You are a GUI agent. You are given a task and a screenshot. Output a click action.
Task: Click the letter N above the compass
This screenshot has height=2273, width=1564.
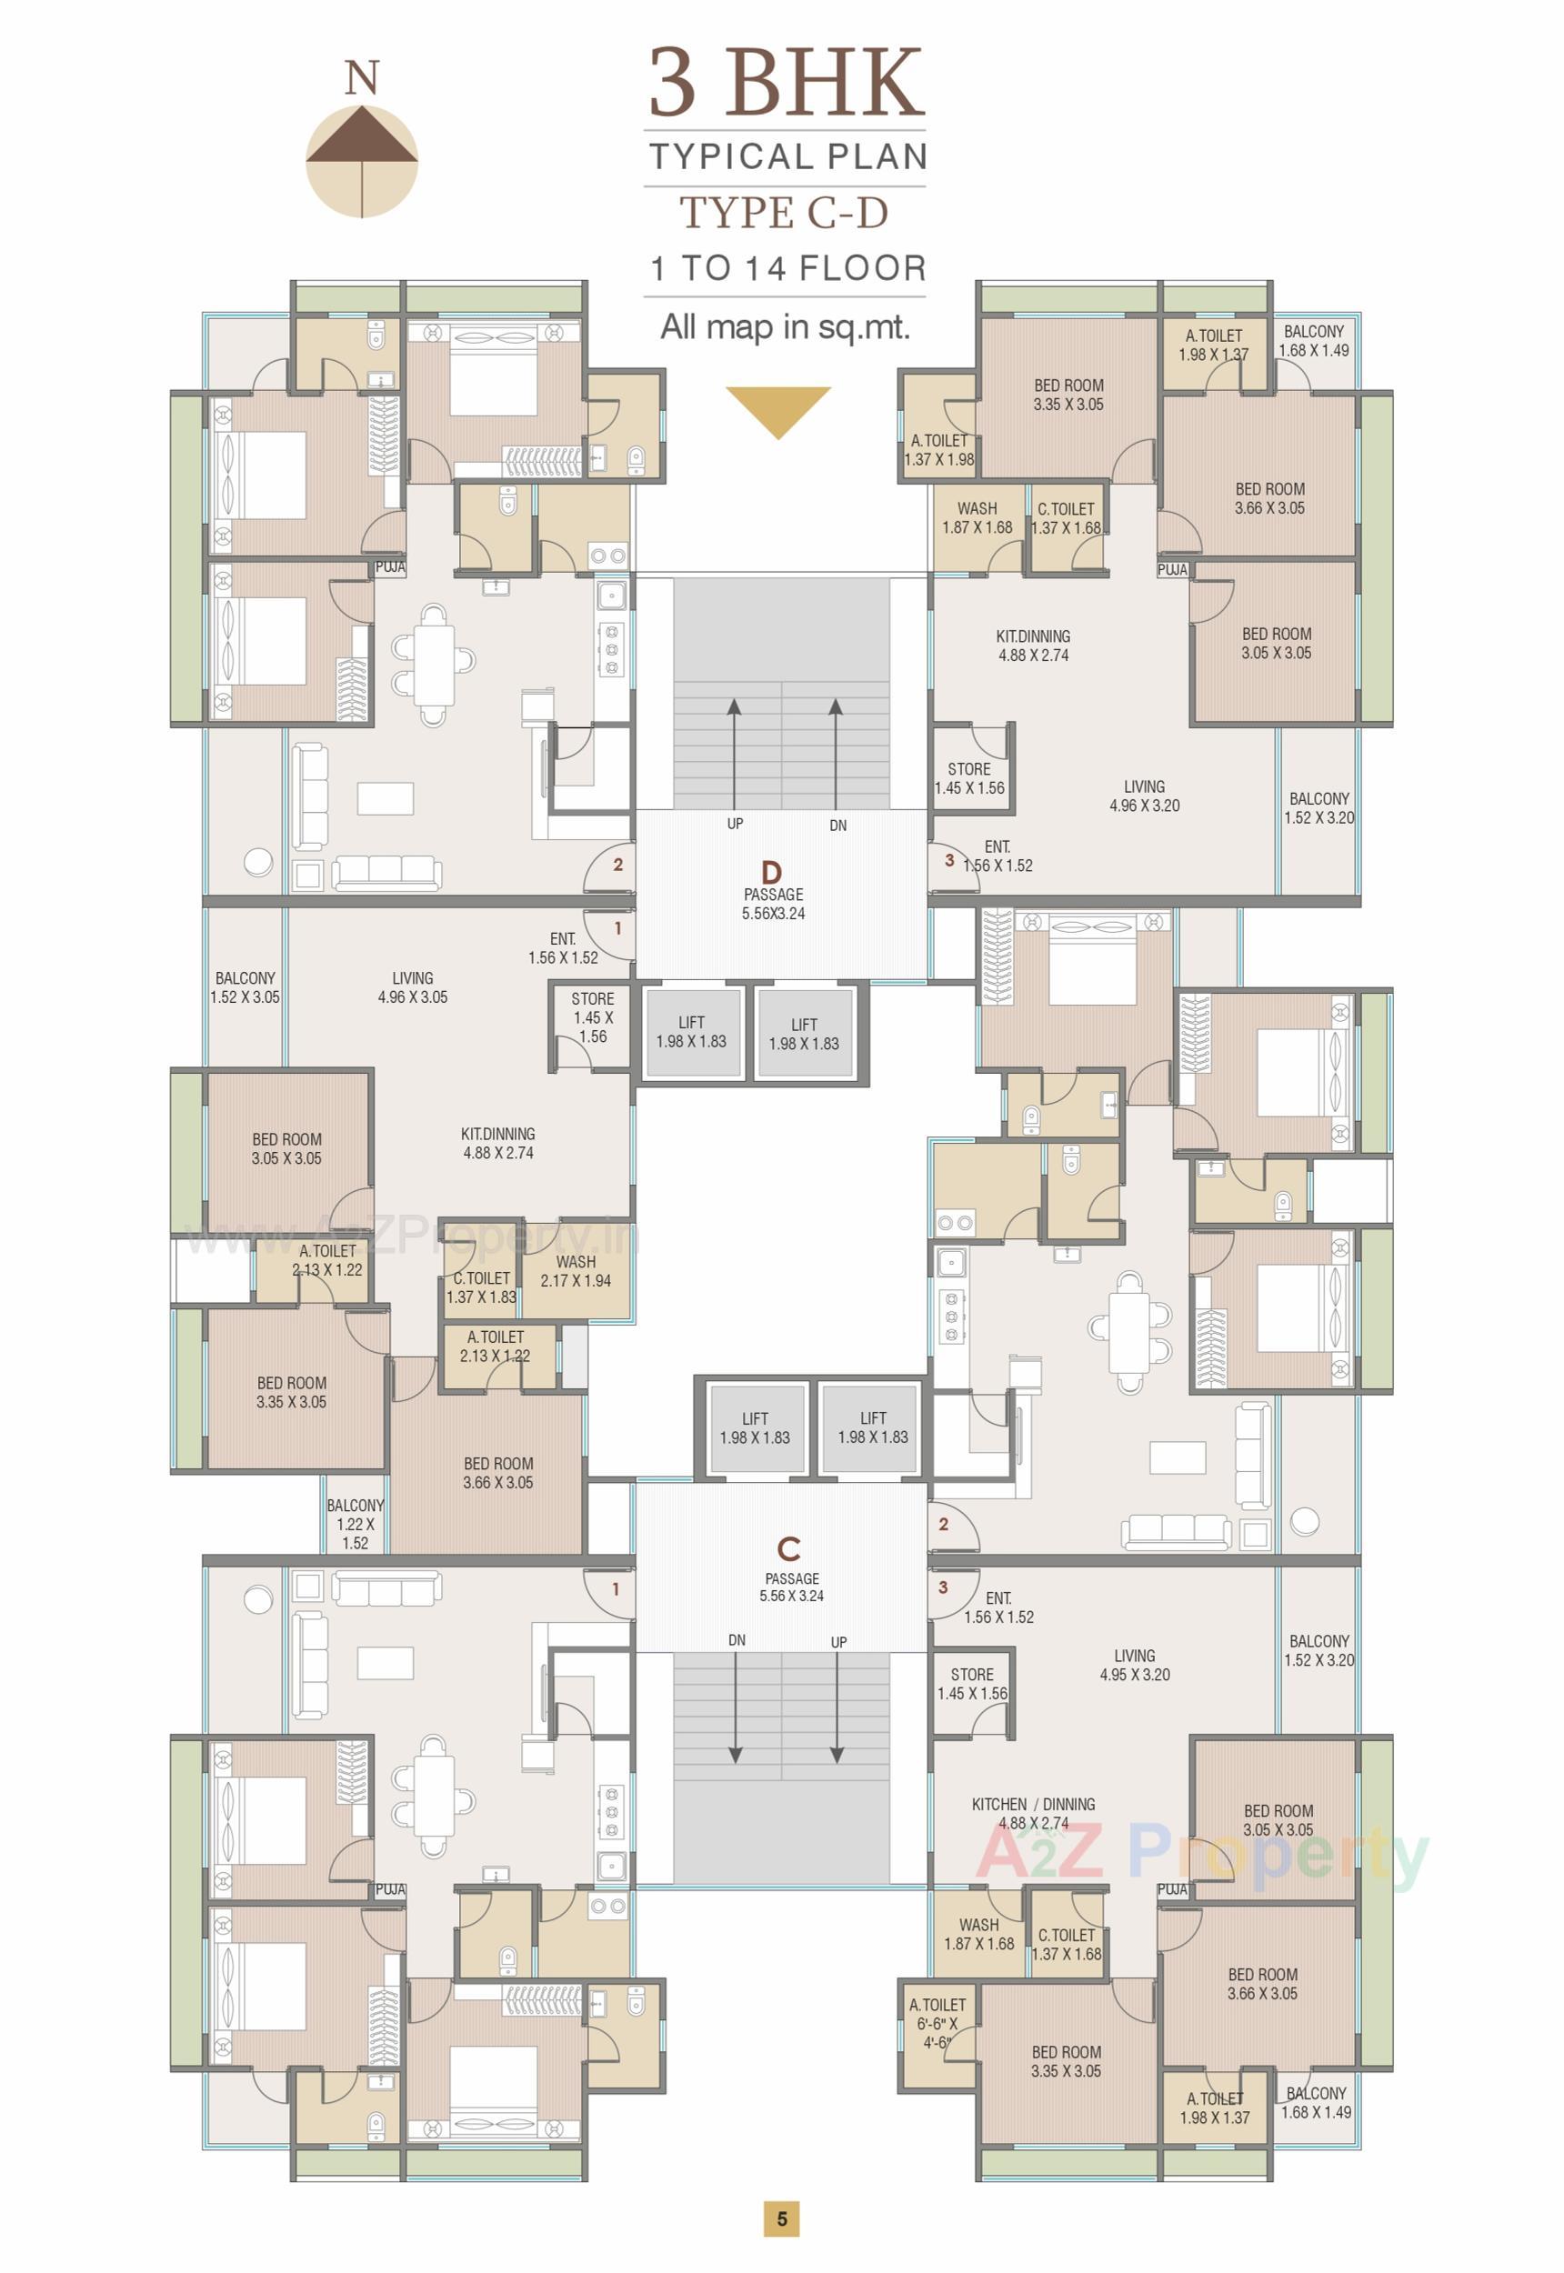pos(362,78)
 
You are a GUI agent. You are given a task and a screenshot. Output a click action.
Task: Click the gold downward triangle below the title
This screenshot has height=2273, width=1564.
pos(778,407)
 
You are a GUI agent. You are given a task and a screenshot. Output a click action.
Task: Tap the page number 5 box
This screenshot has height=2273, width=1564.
pos(781,2218)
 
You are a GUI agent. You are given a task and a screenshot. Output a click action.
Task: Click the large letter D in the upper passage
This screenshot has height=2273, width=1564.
pos(772,872)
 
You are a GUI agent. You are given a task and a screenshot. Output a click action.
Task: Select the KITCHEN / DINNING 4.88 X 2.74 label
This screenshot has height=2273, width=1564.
pos(1033,1813)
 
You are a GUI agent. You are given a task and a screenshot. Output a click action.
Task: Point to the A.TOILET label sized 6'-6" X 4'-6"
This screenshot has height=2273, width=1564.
pos(937,2023)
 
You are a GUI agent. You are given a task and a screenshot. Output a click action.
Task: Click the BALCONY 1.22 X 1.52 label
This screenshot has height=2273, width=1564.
pos(355,1524)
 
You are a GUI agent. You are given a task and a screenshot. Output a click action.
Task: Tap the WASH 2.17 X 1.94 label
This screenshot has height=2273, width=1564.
pos(576,1271)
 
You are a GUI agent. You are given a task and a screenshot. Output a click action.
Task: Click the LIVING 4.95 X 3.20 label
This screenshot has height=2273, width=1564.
pos(1134,1665)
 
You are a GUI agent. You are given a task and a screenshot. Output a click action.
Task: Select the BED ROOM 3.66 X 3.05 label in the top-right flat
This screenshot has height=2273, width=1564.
pos(1269,497)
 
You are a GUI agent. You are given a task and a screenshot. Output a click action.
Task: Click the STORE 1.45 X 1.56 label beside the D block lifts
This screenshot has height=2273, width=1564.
pos(592,1017)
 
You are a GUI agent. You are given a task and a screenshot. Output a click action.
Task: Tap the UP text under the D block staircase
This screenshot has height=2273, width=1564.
pos(735,824)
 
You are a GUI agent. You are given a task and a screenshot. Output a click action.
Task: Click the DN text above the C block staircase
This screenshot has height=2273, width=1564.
pos(737,1640)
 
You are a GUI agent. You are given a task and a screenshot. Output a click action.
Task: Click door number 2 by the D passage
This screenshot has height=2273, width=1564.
pos(617,864)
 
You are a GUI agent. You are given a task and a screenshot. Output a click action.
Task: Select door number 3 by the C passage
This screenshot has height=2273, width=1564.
pos(943,1587)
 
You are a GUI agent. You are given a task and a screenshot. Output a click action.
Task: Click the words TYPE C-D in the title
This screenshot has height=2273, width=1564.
pos(784,213)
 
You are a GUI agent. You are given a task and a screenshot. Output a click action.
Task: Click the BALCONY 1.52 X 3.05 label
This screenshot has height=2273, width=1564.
pos(245,986)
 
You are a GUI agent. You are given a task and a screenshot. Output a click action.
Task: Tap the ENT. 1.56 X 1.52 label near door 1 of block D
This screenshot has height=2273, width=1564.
pos(563,947)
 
